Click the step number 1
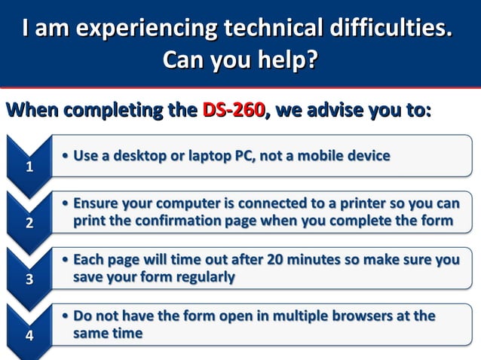tap(29, 167)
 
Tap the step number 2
tap(29, 223)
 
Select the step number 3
tap(29, 279)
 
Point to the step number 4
tap(29, 336)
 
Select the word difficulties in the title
tap(390, 29)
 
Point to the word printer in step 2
tap(358, 204)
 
